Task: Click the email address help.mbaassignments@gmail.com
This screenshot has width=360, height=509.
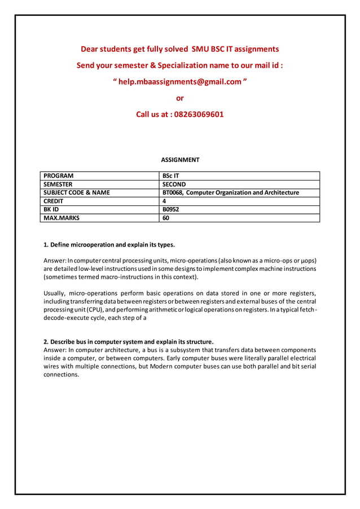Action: point(181,82)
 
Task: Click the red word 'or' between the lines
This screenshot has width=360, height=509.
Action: point(180,98)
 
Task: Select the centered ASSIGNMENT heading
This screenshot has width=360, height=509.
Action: point(180,160)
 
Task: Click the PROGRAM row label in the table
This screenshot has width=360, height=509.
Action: point(59,175)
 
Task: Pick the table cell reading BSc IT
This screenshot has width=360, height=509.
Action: point(171,175)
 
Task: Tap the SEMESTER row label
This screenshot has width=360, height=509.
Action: point(58,184)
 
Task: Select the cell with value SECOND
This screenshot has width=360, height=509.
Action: point(174,184)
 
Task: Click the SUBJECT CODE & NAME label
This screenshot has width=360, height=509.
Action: point(77,192)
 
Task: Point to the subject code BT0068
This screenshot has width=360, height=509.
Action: point(173,192)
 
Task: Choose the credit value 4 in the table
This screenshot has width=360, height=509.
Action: point(164,201)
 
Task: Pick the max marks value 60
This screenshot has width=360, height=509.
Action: point(166,218)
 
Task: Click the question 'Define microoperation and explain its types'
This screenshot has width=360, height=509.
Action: point(109,245)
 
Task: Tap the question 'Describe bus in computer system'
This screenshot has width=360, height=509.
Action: point(129,341)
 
